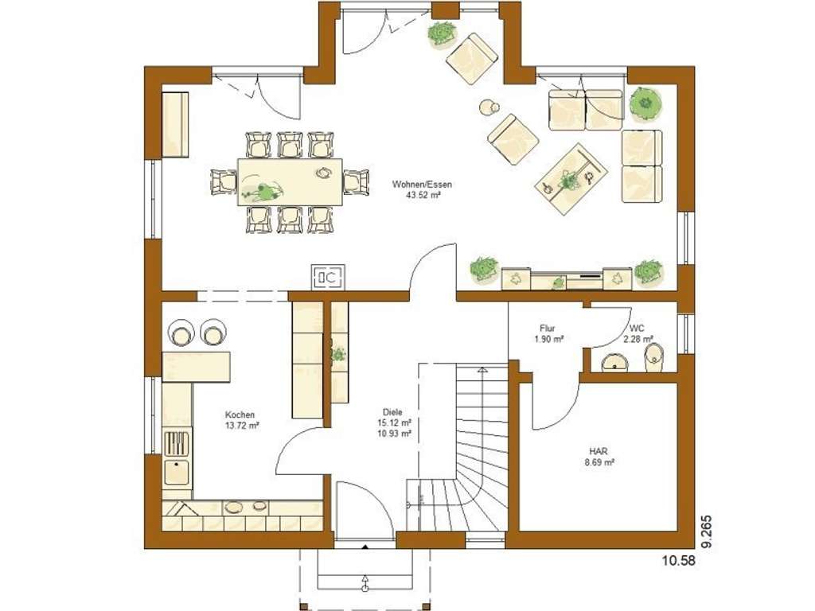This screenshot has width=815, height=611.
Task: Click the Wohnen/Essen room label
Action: [422, 184]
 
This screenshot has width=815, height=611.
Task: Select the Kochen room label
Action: [240, 414]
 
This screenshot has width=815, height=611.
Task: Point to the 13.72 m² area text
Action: [242, 426]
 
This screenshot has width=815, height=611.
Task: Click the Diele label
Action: [392, 412]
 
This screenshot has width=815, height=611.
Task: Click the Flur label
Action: [548, 328]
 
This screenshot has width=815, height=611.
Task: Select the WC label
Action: [637, 328]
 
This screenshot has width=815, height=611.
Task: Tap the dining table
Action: [290, 182]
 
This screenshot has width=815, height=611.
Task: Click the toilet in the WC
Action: [653, 358]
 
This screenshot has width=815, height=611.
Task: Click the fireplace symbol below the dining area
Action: [327, 277]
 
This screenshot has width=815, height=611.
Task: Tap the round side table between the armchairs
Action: [488, 107]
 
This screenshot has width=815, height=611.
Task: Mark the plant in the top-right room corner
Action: [645, 103]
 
